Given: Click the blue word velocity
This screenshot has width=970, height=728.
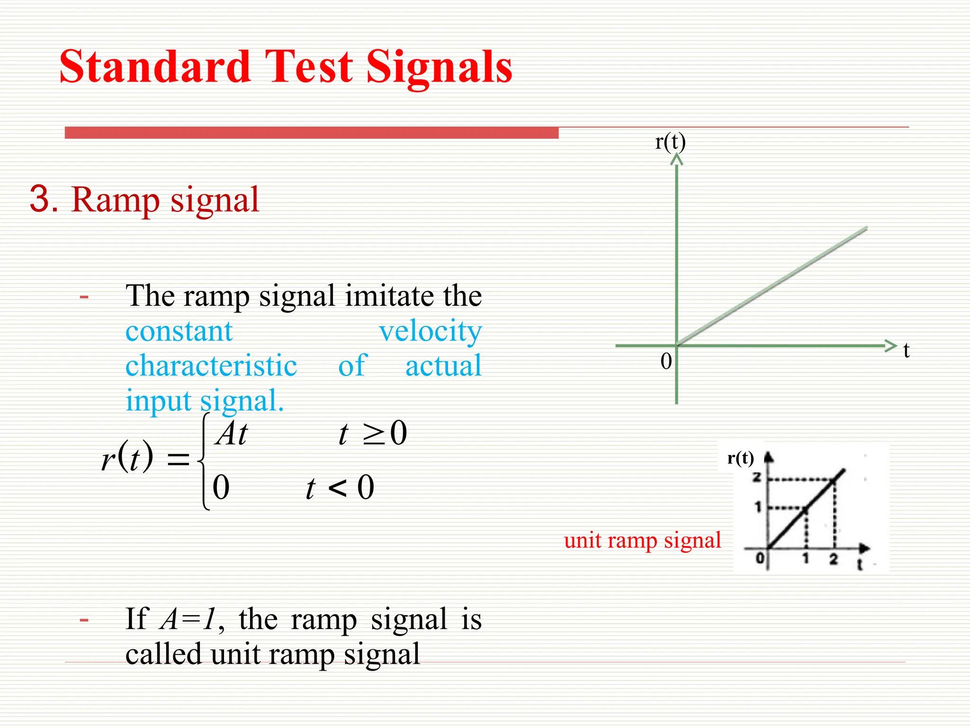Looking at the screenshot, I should (430, 331).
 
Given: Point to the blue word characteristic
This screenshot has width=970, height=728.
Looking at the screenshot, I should (211, 366).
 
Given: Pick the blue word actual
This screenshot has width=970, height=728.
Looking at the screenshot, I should (443, 366).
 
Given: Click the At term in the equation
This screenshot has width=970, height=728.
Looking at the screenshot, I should (231, 434).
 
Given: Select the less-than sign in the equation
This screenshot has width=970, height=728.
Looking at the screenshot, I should (337, 488).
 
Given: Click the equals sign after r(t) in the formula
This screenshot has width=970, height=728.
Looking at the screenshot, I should (178, 459).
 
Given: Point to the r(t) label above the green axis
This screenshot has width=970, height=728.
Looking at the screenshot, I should (670, 142).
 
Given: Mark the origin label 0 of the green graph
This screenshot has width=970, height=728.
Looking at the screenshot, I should (666, 362).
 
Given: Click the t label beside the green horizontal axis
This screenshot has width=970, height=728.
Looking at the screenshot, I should (906, 351).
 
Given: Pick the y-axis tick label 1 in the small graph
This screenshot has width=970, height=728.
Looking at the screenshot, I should (758, 507).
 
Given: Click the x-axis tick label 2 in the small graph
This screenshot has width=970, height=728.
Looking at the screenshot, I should (834, 559).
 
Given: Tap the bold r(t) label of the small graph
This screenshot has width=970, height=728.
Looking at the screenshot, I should (740, 458).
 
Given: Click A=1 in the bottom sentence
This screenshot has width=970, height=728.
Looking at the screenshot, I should (188, 619).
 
